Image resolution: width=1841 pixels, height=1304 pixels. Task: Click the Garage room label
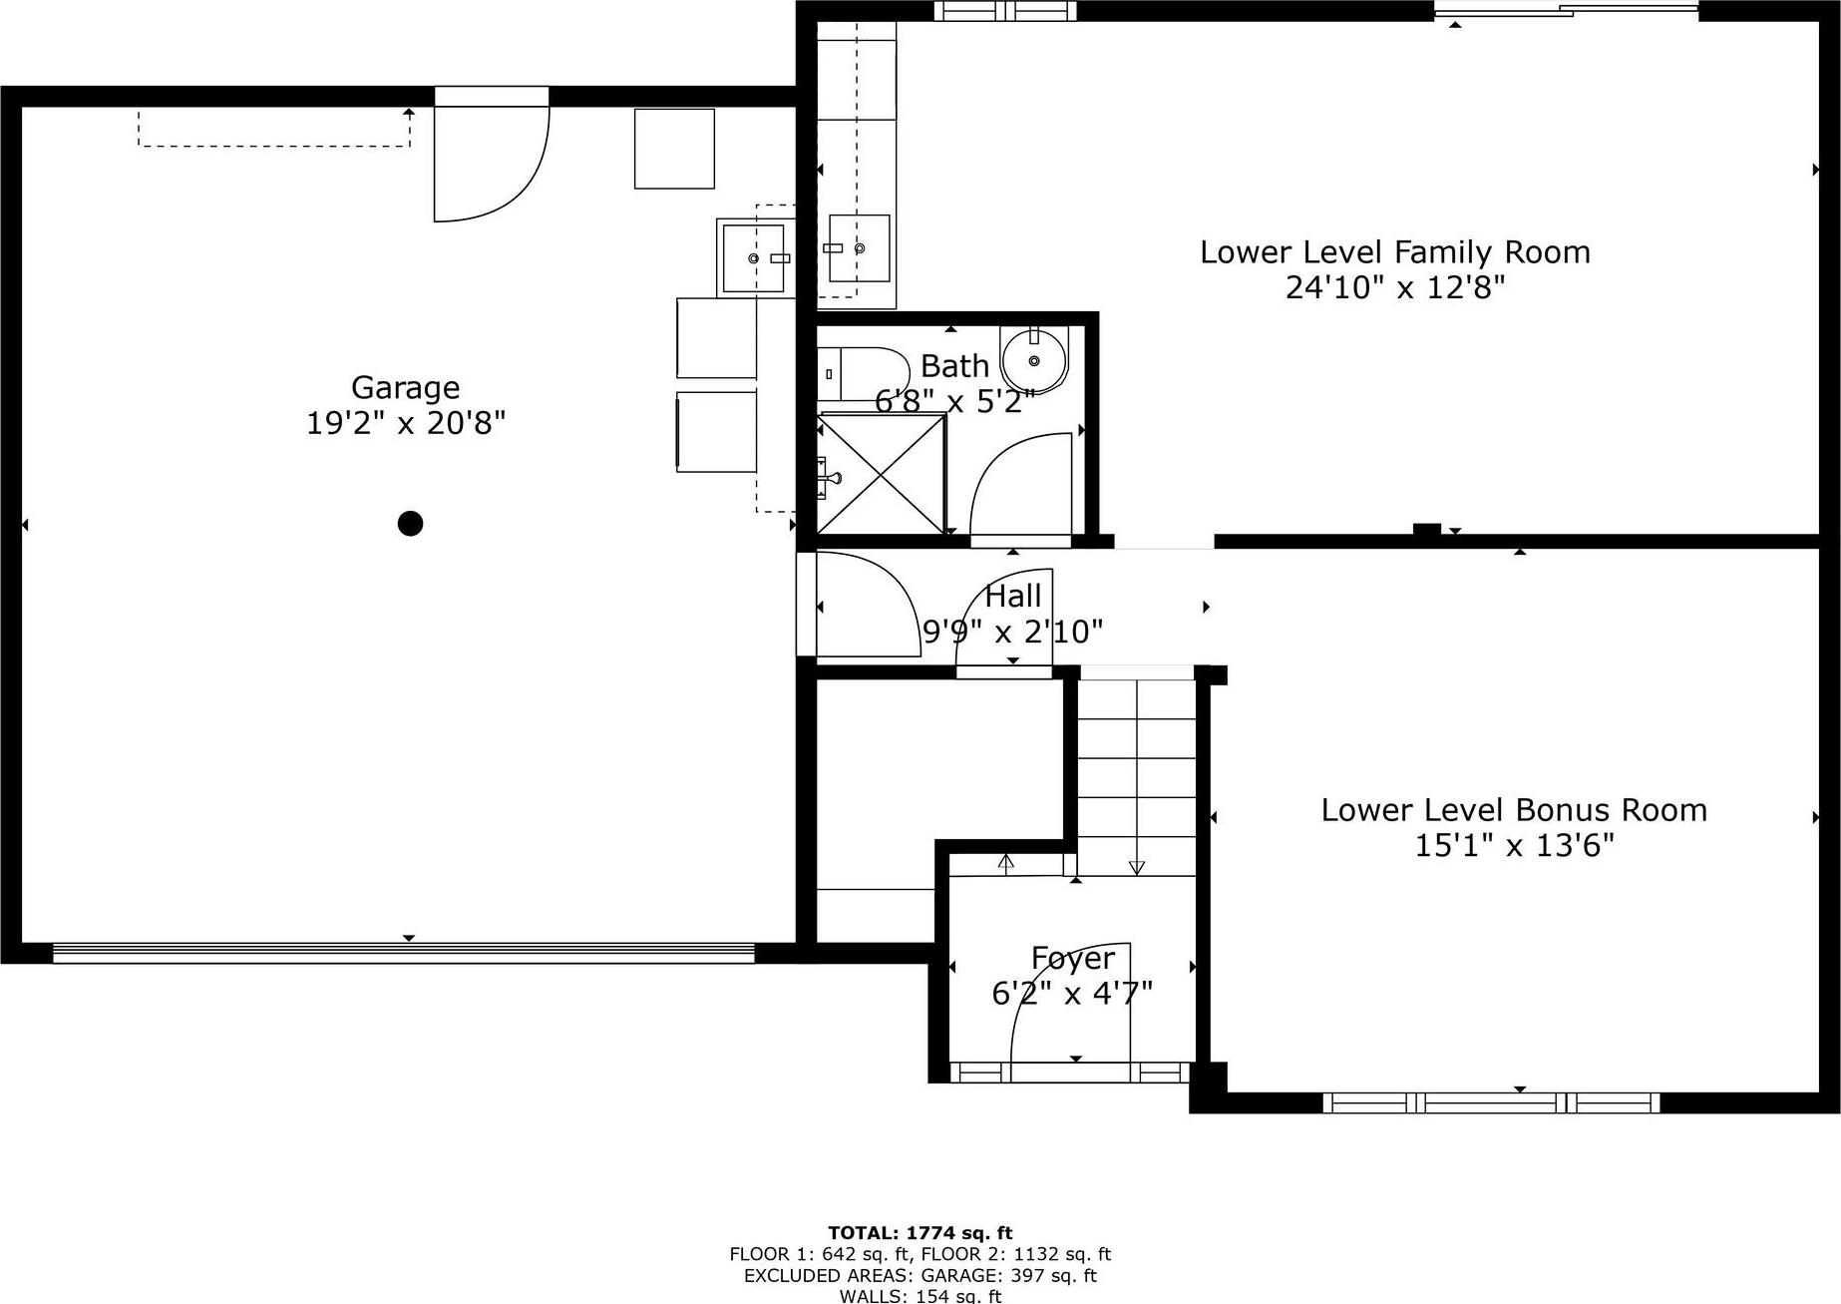click(405, 387)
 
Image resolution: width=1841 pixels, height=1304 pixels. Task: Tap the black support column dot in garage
click(410, 523)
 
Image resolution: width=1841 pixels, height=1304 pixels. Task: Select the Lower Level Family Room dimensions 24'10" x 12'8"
click(1394, 288)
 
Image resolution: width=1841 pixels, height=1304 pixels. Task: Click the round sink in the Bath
click(1034, 359)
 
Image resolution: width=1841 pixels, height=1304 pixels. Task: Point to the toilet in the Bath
click(860, 373)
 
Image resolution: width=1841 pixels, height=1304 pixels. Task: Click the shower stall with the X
click(881, 473)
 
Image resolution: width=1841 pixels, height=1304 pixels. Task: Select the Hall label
click(1012, 597)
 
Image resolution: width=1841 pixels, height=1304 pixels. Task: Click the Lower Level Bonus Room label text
click(1513, 809)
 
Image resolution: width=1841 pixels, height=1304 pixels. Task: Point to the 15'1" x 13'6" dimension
click(1513, 846)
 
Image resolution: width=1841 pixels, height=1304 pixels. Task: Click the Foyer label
click(1072, 958)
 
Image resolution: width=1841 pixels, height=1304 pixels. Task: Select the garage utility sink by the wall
click(754, 258)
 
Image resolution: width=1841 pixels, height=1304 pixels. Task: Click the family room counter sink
click(859, 248)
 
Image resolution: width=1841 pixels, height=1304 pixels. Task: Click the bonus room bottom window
click(1491, 1102)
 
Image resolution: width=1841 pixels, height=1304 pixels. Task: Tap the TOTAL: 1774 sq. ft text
click(920, 1233)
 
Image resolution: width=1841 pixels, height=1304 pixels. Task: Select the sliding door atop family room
click(1566, 10)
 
